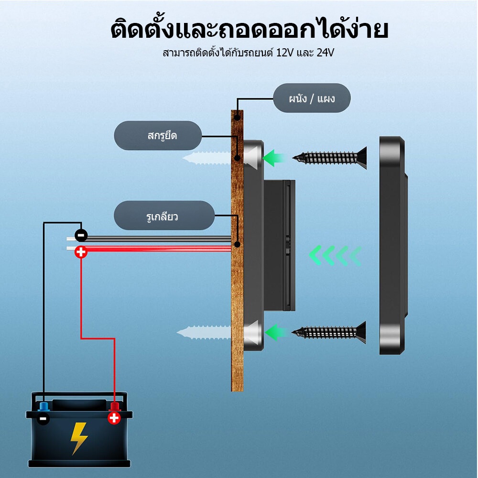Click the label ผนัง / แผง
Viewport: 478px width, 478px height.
(x=312, y=98)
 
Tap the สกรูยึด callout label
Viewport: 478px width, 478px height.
(x=158, y=135)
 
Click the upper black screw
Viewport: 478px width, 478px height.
(x=329, y=158)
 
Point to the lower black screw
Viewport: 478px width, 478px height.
(x=329, y=332)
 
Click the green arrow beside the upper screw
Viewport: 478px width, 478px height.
(x=273, y=158)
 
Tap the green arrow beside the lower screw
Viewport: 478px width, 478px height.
(x=276, y=332)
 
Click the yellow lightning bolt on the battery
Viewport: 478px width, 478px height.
(x=79, y=438)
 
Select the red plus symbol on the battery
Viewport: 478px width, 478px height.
(x=114, y=418)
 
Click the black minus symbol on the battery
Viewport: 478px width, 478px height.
(x=43, y=419)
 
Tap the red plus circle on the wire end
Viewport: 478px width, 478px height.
(x=81, y=252)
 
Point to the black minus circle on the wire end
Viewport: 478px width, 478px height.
(x=81, y=235)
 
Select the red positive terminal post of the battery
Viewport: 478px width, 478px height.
(x=115, y=406)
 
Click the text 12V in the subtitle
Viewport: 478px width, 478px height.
(x=285, y=53)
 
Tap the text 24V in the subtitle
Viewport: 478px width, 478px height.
(x=325, y=53)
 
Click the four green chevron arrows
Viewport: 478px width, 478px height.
(x=336, y=255)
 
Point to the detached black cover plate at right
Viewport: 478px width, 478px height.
(x=393, y=245)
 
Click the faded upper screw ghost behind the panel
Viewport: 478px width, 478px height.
(x=206, y=158)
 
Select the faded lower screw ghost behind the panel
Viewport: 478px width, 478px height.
(x=204, y=332)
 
